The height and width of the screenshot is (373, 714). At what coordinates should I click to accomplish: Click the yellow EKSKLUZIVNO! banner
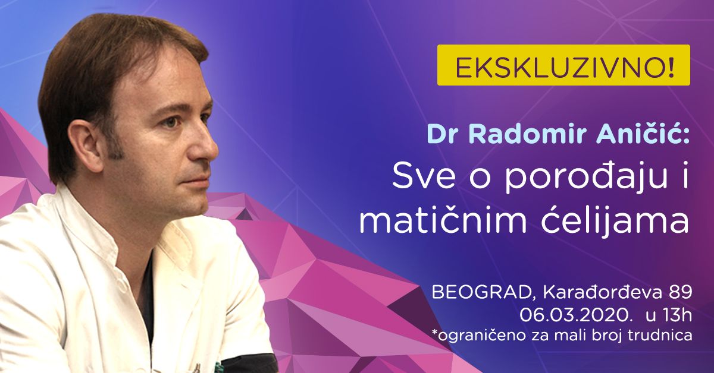563,65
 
